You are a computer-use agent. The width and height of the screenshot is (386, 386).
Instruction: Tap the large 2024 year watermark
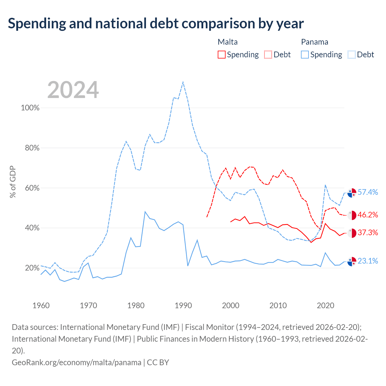pyautogui.click(x=73, y=90)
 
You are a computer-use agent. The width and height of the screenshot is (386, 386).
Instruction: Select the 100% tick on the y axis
pyautogui.click(x=30, y=108)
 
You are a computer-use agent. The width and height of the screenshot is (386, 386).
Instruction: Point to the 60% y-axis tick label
pyautogui.click(x=32, y=188)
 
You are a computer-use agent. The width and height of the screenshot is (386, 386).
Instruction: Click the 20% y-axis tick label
pyautogui.click(x=32, y=268)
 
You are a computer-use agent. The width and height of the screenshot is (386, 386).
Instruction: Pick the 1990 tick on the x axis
pyautogui.click(x=183, y=305)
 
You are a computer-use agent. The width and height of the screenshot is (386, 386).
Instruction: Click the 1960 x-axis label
pyautogui.click(x=41, y=305)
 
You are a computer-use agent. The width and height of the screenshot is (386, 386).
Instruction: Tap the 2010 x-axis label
pyautogui.click(x=278, y=305)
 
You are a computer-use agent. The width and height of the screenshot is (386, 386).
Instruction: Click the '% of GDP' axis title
pyautogui.click(x=13, y=182)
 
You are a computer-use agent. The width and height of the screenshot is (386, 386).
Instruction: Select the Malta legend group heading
pyautogui.click(x=228, y=42)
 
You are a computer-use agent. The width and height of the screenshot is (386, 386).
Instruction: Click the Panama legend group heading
pyautogui.click(x=315, y=42)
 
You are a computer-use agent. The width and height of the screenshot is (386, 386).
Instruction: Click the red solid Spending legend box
pyautogui.click(x=222, y=55)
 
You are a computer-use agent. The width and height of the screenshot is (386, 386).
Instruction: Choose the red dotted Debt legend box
pyautogui.click(x=268, y=55)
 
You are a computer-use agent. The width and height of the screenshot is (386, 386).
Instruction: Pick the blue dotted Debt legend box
pyautogui.click(x=351, y=55)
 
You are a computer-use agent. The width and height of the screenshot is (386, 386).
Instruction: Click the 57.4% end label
pyautogui.click(x=368, y=192)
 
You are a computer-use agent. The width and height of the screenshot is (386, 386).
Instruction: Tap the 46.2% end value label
pyautogui.click(x=368, y=215)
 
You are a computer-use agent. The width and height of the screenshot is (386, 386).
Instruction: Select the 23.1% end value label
pyautogui.click(x=368, y=261)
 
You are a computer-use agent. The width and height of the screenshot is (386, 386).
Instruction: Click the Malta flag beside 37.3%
pyautogui.click(x=352, y=233)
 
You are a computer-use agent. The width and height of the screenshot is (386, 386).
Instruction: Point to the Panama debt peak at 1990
pyautogui.click(x=183, y=82)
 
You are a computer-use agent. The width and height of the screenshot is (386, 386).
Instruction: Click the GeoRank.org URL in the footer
pyautogui.click(x=77, y=362)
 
